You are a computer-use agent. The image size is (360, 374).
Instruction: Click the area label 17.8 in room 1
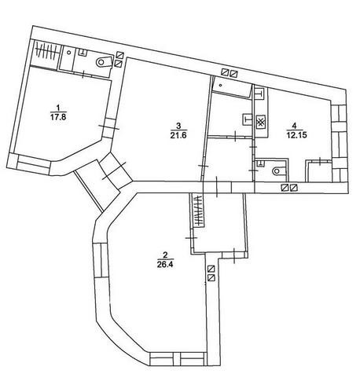point(58,117)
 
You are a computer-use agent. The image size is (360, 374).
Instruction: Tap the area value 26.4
point(165,265)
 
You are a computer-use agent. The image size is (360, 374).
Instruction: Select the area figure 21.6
point(178,136)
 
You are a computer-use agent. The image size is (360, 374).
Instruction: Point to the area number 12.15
point(296,135)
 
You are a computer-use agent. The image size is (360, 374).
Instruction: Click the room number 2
point(165,255)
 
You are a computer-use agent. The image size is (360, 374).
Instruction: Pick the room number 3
point(178,126)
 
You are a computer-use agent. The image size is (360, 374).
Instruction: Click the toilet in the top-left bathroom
point(104,62)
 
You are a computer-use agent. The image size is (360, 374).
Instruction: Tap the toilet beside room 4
point(278,171)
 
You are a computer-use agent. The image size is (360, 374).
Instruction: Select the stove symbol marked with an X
point(260,123)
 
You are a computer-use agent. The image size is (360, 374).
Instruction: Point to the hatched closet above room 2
point(199,210)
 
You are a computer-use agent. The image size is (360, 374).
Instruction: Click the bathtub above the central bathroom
point(232,87)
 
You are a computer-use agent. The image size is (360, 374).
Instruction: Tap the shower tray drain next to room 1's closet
point(69,53)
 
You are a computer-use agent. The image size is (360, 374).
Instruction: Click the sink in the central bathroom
point(248,120)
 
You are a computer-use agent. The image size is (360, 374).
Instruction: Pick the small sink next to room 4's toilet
point(260,163)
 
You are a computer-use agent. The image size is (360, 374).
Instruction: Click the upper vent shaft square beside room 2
point(211,269)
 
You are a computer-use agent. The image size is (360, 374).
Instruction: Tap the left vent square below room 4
point(285,188)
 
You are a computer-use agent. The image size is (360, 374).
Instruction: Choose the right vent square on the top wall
point(233,74)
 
